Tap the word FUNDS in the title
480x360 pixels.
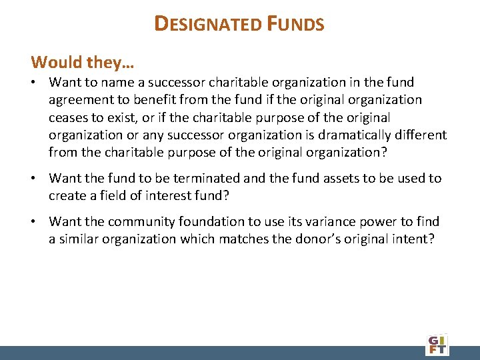point(297,25)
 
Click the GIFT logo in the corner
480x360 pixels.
point(437,344)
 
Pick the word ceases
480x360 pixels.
point(68,117)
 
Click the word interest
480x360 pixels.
point(167,196)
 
